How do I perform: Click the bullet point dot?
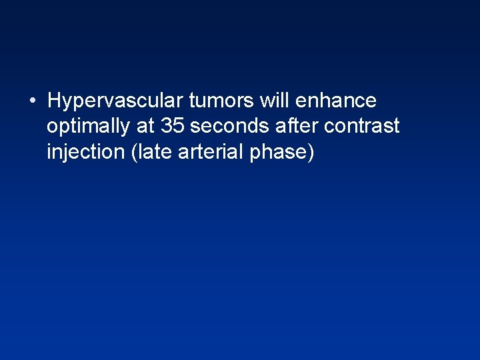(32, 101)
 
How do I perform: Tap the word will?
(275, 101)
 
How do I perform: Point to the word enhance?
(336, 101)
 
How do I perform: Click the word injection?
(85, 152)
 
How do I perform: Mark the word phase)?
(281, 153)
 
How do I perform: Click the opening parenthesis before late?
(135, 153)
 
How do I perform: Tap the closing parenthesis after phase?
(310, 153)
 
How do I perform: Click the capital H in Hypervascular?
(55, 101)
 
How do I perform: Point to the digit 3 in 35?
(167, 127)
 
